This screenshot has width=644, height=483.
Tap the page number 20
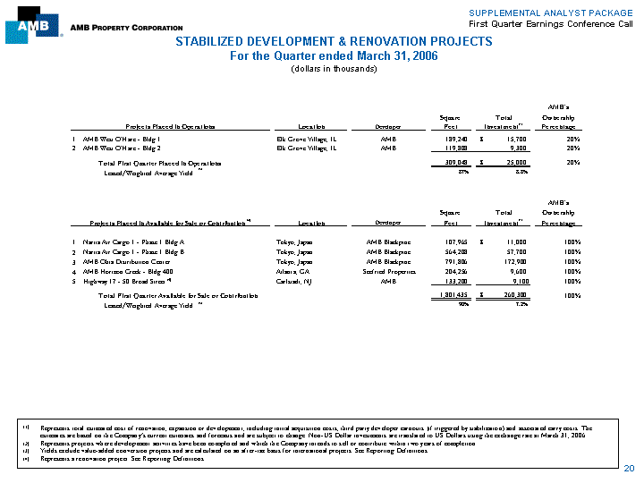[629, 469]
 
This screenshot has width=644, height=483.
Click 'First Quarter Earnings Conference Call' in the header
[565, 21]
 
